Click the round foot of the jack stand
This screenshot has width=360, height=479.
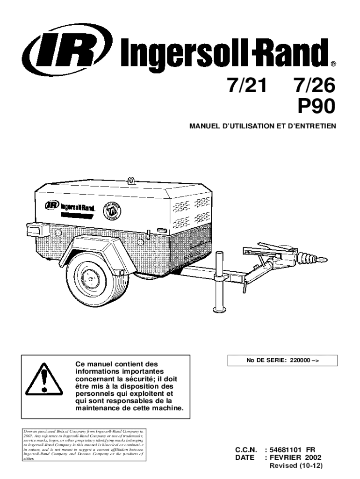[x=220, y=309]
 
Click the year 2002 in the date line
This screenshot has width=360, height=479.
[x=313, y=457]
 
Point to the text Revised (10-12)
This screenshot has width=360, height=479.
[x=296, y=466]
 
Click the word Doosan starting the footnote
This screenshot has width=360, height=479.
[x=29, y=429]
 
